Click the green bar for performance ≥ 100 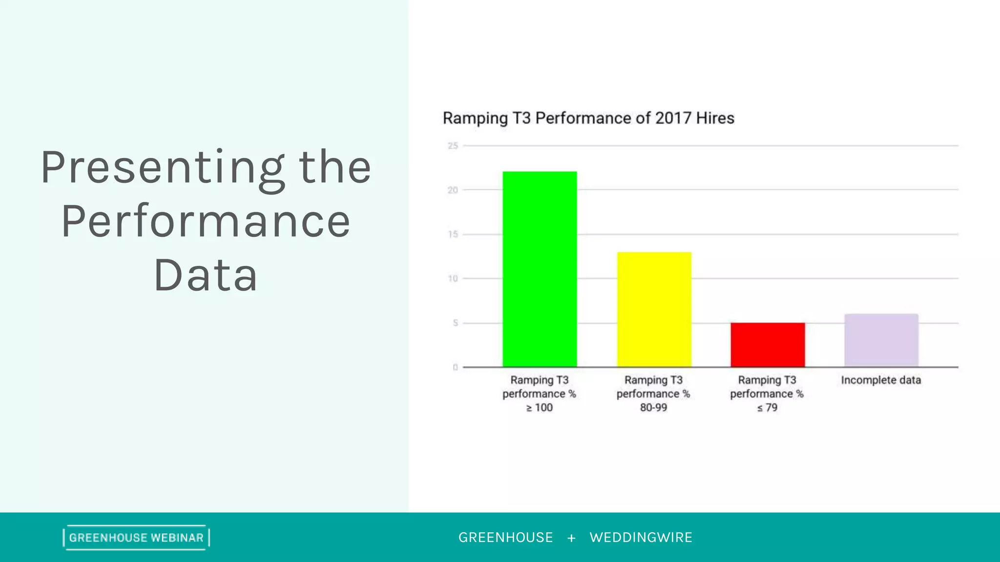pyautogui.click(x=540, y=269)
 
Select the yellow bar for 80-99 pyautogui.click(x=654, y=309)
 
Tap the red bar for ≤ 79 pyautogui.click(x=768, y=344)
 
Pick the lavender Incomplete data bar pyautogui.click(x=881, y=340)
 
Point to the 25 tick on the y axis pyautogui.click(x=453, y=146)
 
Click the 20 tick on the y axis pyautogui.click(x=453, y=190)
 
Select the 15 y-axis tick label pyautogui.click(x=453, y=234)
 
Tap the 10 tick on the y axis pyautogui.click(x=453, y=279)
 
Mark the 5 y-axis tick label pyautogui.click(x=455, y=323)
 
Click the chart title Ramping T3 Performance pyautogui.click(x=588, y=118)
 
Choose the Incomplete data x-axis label pyautogui.click(x=881, y=380)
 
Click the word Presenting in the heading pyautogui.click(x=162, y=168)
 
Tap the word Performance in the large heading pyautogui.click(x=206, y=221)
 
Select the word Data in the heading pyautogui.click(x=206, y=275)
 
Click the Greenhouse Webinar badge pyautogui.click(x=136, y=538)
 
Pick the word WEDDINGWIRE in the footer pyautogui.click(x=641, y=538)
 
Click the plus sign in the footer pyautogui.click(x=571, y=538)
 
